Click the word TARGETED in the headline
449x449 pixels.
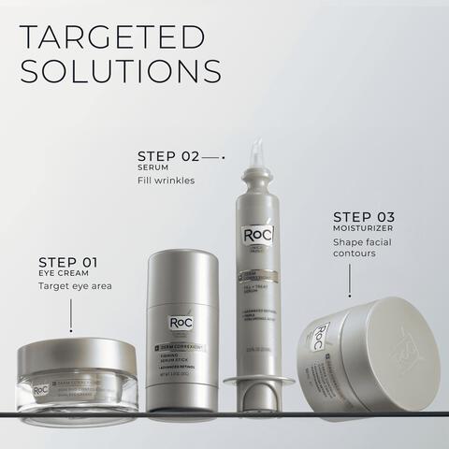pos(112,37)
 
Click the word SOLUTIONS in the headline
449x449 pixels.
pos(121,72)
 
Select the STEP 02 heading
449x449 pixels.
pos(168,155)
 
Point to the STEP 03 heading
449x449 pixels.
pos(363,216)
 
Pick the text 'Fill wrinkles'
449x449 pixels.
pos(166,181)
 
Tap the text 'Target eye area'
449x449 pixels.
pos(75,286)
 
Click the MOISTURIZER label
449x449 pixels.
pos(362,228)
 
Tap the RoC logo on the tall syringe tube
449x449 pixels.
pos(253,235)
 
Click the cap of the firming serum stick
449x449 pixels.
pos(182,281)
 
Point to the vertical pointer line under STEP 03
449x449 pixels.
pos(350,278)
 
